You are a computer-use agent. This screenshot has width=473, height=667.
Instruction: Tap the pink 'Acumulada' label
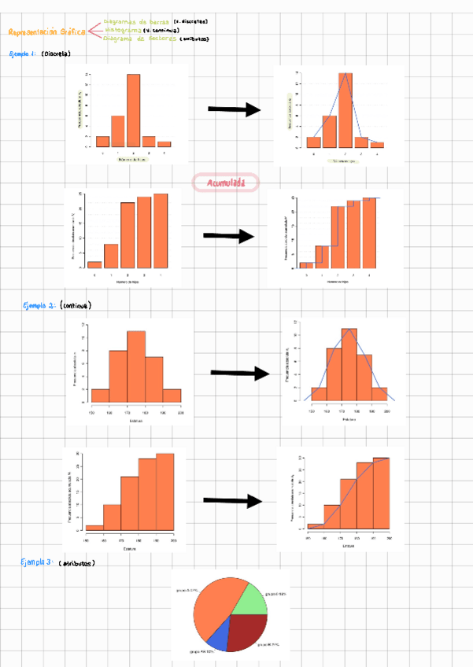[225, 182]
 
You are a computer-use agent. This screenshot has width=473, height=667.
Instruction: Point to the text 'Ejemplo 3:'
[38, 562]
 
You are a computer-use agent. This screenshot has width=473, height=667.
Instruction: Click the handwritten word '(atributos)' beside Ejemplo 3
[76, 563]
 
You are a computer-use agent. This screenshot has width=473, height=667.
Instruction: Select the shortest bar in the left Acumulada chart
[94, 264]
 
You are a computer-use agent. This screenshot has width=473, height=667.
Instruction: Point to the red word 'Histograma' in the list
[121, 30]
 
